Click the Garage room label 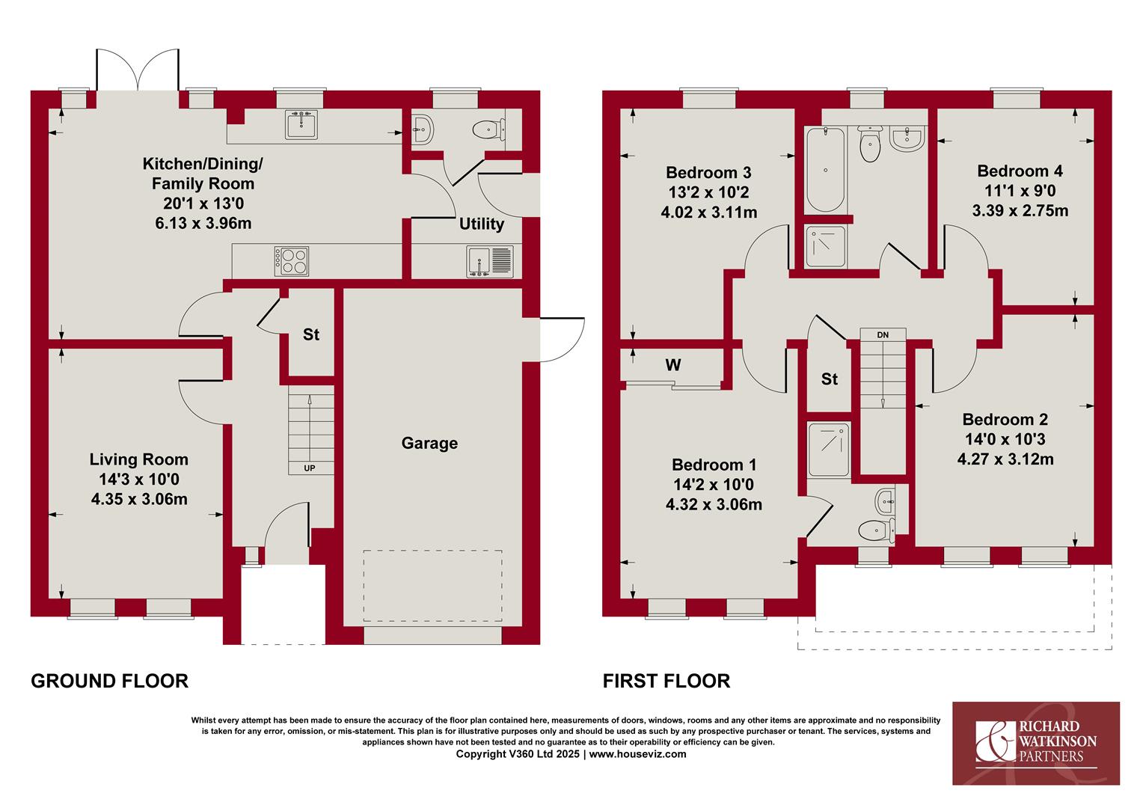[x=429, y=443]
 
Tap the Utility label [x=481, y=224]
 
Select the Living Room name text [x=139, y=459]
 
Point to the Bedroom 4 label [x=1020, y=171]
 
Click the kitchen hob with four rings [x=292, y=261]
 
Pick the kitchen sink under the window [x=302, y=125]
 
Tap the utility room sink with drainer [x=489, y=262]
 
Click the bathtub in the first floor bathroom [x=825, y=170]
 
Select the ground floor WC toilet [x=488, y=129]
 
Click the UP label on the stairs [x=309, y=468]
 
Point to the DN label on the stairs [x=883, y=335]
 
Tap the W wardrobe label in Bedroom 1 [x=673, y=365]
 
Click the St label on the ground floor [x=310, y=334]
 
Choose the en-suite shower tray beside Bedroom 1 [x=829, y=449]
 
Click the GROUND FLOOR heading [x=110, y=681]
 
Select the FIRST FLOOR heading [x=667, y=681]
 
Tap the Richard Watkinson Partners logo [x=1036, y=743]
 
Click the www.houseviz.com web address [x=638, y=754]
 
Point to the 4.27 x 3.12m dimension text [x=1005, y=459]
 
